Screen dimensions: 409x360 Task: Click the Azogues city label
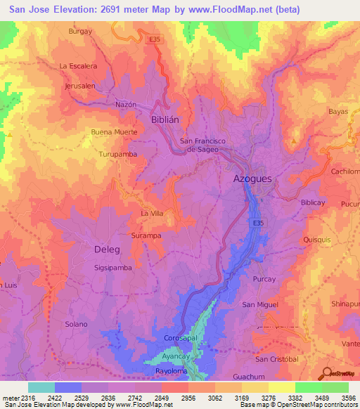click(x=252, y=179)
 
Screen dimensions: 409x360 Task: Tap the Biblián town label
click(x=165, y=120)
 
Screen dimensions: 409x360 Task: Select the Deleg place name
click(x=108, y=249)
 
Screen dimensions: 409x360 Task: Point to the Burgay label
click(x=80, y=32)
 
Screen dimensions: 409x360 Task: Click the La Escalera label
click(x=78, y=66)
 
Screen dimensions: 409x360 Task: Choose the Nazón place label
click(x=125, y=104)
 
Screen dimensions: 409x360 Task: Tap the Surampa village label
click(x=146, y=235)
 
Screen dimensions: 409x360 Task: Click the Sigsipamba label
click(x=112, y=268)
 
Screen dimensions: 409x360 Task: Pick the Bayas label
click(x=338, y=112)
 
